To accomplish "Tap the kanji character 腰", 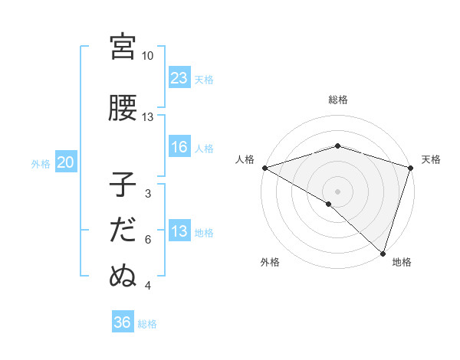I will click(x=123, y=108).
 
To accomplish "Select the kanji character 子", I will click(x=123, y=185).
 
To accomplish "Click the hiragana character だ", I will click(x=123, y=231).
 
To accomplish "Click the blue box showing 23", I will click(x=179, y=78).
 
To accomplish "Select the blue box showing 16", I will click(x=179, y=148).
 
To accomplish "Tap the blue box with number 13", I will click(x=179, y=231).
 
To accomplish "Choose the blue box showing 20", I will click(x=66, y=162).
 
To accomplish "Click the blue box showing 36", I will click(x=123, y=323).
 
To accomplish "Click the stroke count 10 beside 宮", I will click(x=147, y=56).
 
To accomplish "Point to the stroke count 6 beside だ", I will click(x=148, y=240).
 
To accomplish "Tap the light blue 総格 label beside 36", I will click(x=147, y=324).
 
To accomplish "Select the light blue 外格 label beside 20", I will click(x=41, y=163).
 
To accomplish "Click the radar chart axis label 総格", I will click(x=338, y=100).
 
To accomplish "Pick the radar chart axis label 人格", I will click(x=245, y=159).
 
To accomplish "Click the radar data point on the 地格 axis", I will click(x=383, y=253).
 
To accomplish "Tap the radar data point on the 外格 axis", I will click(x=328, y=204).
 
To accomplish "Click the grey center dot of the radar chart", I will click(x=338, y=191).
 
